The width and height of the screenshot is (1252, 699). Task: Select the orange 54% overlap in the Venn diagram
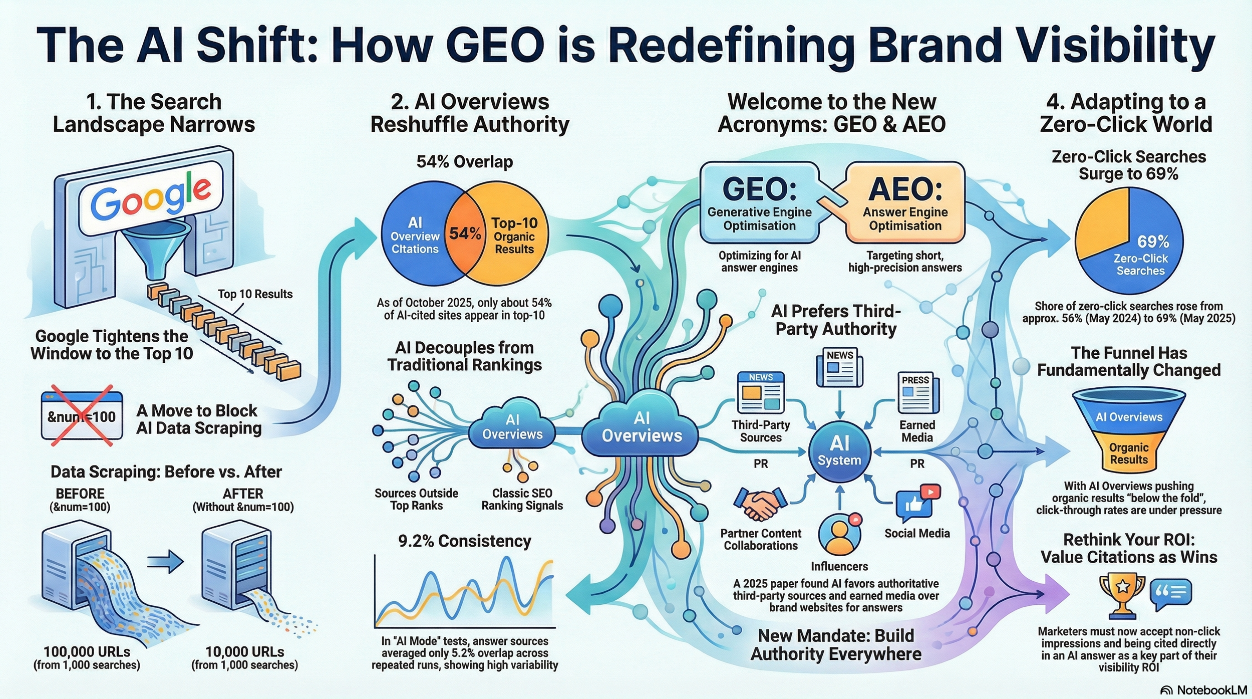(x=465, y=233)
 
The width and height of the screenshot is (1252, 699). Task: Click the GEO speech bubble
(x=761, y=203)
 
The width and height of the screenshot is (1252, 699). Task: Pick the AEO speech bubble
(x=904, y=203)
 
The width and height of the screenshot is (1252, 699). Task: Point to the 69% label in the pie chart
(x=1153, y=242)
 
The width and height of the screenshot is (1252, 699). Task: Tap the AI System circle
(x=840, y=451)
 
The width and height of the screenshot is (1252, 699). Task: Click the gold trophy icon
(x=1122, y=596)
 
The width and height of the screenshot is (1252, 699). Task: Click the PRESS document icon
(x=918, y=392)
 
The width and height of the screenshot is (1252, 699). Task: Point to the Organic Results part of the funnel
(x=1129, y=452)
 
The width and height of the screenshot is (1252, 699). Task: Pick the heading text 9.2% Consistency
(x=465, y=541)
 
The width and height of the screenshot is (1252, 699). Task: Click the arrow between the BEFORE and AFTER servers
(x=165, y=562)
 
